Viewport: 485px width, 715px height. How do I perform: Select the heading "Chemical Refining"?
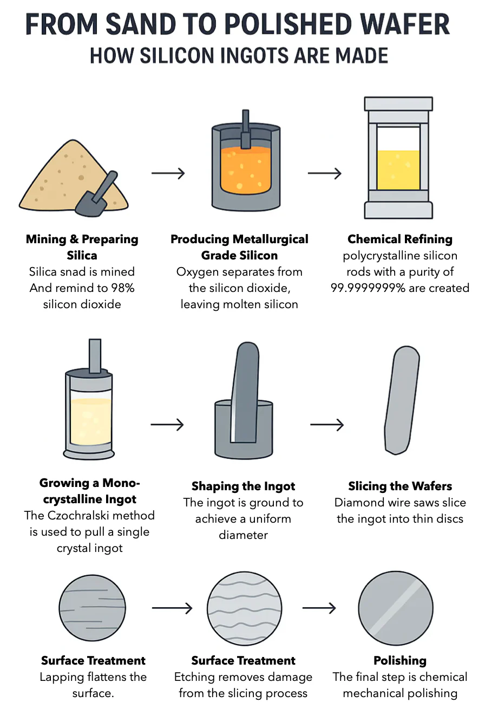[400, 239]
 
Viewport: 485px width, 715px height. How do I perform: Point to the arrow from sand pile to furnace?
[168, 173]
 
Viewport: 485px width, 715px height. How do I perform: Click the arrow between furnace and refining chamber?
[324, 173]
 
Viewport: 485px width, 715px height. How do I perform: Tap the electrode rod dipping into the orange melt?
[245, 129]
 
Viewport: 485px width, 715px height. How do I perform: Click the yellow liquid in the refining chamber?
[398, 170]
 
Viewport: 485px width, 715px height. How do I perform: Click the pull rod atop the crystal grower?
[95, 355]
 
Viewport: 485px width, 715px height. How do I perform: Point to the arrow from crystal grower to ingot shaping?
[167, 425]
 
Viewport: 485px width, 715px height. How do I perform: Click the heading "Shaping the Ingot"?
[243, 486]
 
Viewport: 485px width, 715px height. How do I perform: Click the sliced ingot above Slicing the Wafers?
[402, 400]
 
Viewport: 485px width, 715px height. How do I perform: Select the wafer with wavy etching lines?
[245, 608]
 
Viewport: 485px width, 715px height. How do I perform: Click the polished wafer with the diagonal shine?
[396, 608]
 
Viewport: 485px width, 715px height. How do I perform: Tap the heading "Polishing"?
[400, 660]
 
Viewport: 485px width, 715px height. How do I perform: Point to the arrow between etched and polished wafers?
[319, 608]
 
